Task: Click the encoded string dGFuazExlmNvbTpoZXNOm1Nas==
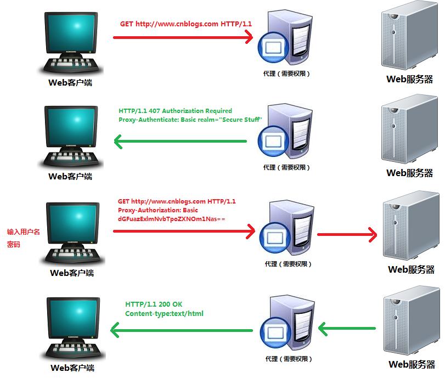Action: (x=172, y=219)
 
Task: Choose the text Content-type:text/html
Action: (x=165, y=314)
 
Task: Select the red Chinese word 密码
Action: (x=13, y=245)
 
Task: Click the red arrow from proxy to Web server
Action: (x=347, y=235)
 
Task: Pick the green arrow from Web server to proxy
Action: (x=347, y=329)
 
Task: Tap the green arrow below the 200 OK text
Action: (x=181, y=330)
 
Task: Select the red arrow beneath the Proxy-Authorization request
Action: (x=184, y=232)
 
